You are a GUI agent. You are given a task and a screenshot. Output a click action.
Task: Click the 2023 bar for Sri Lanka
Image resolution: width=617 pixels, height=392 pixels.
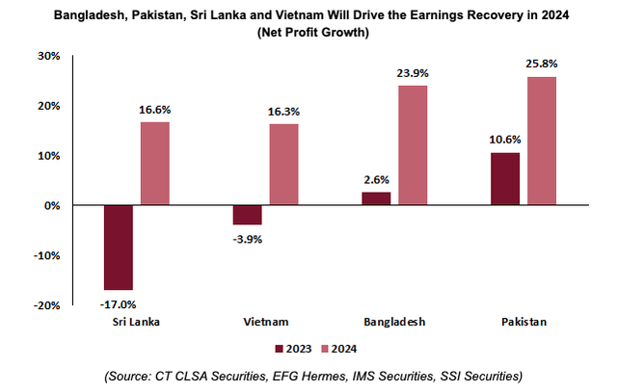pyautogui.click(x=119, y=248)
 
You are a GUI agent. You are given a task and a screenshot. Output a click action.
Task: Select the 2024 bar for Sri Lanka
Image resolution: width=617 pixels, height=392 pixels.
pyautogui.click(x=155, y=164)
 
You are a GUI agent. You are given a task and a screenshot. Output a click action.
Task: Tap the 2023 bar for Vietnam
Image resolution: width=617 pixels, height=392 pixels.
pyautogui.click(x=248, y=215)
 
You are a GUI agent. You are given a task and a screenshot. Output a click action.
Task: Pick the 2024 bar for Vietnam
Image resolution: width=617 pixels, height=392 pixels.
pyautogui.click(x=283, y=165)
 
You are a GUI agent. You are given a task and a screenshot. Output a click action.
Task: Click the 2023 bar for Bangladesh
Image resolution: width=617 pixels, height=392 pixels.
pyautogui.click(x=376, y=198)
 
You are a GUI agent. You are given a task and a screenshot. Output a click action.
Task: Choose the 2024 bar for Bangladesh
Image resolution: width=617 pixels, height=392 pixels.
pyautogui.click(x=413, y=145)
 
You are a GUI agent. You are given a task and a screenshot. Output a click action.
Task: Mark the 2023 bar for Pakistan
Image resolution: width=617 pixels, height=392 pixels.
pyautogui.click(x=505, y=179)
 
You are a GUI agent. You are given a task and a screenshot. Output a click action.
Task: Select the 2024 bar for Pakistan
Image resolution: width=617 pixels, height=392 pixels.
pyautogui.click(x=541, y=141)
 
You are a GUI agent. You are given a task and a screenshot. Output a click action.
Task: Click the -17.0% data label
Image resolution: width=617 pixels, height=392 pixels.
pyautogui.click(x=119, y=303)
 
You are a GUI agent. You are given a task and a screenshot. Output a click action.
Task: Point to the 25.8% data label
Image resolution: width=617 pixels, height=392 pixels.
pyautogui.click(x=542, y=64)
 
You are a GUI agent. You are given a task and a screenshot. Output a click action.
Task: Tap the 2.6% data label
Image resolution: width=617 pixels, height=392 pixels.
pyautogui.click(x=377, y=180)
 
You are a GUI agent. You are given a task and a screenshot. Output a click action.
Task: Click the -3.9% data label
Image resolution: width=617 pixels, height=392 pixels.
pyautogui.click(x=248, y=238)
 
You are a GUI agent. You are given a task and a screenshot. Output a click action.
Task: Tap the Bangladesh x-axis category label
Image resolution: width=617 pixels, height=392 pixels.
pyautogui.click(x=394, y=323)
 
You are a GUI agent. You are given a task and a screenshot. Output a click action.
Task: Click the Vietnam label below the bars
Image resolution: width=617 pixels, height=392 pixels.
pyautogui.click(x=265, y=323)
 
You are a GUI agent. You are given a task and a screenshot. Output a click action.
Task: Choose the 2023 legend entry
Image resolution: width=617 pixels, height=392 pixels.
pyautogui.click(x=292, y=348)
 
